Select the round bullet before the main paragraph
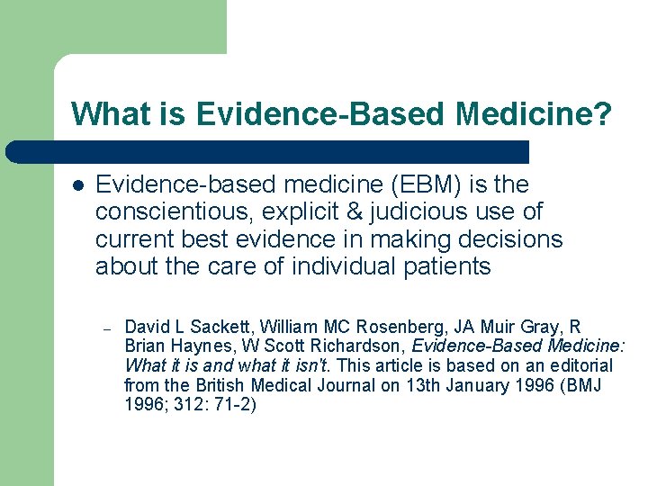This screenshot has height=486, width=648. point(78,186)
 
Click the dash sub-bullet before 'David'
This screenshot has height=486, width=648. point(105,328)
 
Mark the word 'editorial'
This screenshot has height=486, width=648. point(577,366)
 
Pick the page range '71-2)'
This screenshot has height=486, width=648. point(237,406)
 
